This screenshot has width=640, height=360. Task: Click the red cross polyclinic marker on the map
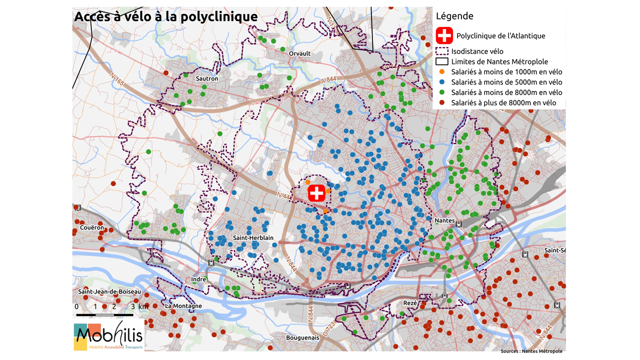coord(316,193)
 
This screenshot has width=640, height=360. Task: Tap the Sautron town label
coord(207,78)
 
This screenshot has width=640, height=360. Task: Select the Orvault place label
coord(299,53)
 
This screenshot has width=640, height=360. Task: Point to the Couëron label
coord(92,227)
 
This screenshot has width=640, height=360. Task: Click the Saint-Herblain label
coord(253,238)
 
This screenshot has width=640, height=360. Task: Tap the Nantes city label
coord(444,220)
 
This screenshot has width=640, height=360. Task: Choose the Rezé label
coord(409,303)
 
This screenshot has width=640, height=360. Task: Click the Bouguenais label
coord(302,337)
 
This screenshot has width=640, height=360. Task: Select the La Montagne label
coord(183,306)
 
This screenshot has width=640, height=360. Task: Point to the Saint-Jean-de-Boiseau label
coord(109,291)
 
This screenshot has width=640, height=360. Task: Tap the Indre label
coord(198,279)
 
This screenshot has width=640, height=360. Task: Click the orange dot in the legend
coord(441,71)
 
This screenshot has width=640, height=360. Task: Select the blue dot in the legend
coord(441,82)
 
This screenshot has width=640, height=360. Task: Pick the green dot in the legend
coord(441,92)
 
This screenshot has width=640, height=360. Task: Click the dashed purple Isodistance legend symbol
coord(441,51)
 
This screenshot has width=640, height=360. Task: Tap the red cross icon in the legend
coord(444,35)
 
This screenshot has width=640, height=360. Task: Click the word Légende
coord(454,16)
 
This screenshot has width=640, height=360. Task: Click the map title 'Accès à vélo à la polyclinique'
coord(166,16)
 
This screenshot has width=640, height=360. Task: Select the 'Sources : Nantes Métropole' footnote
coord(531,351)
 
